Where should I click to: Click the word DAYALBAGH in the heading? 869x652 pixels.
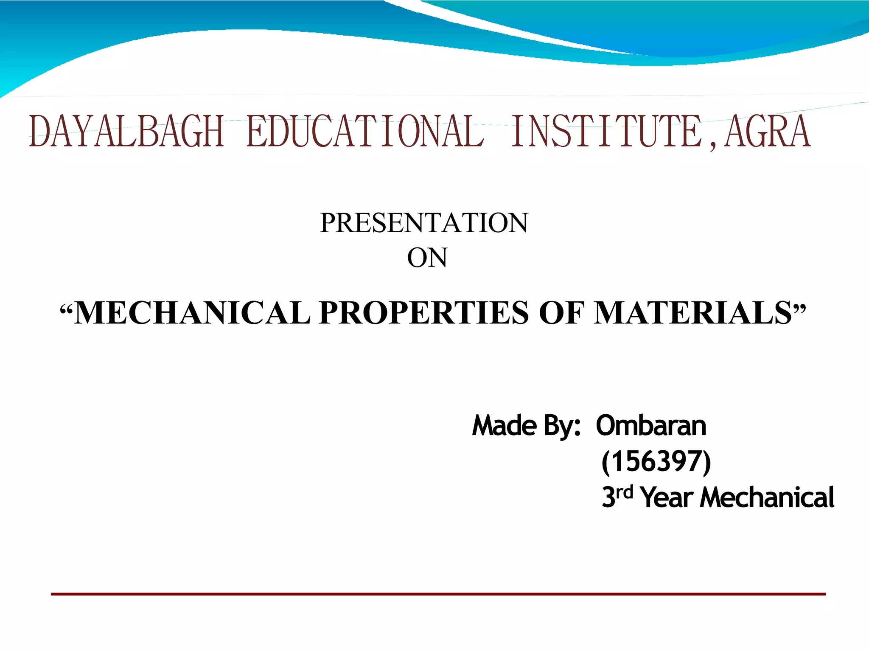pos(126,132)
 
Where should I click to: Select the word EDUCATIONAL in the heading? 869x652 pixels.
pos(365,132)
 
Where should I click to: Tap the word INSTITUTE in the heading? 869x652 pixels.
pos(607,132)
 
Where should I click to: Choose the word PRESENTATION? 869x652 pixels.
pos(424,223)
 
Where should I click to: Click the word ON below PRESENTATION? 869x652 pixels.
pos(427,258)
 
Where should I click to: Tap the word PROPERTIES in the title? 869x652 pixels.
pos(424,313)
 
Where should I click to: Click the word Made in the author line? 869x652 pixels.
pos(505,426)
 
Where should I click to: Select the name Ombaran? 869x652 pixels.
pos(651,426)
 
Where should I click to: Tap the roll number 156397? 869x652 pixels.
pos(656,461)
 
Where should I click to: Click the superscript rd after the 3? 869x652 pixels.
pos(624,492)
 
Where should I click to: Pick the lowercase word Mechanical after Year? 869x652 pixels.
pos(767,497)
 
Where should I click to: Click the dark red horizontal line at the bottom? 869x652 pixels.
pos(438,594)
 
